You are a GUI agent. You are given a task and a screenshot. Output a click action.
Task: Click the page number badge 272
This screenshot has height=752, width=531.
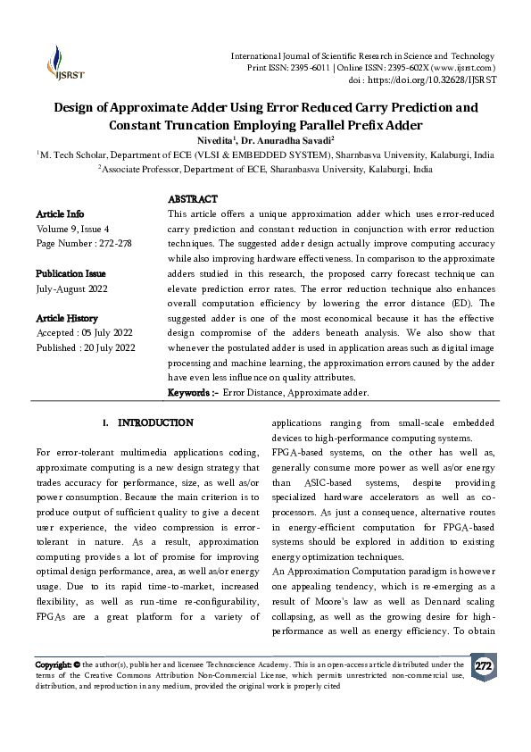(x=483, y=667)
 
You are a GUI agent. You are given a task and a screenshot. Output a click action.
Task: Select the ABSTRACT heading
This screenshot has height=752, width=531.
(x=193, y=199)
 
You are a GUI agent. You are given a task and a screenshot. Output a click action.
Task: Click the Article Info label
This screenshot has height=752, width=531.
(x=60, y=214)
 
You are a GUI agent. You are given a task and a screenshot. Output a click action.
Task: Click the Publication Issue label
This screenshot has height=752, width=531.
(x=71, y=273)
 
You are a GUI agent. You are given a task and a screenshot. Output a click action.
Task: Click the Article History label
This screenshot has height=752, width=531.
(x=67, y=318)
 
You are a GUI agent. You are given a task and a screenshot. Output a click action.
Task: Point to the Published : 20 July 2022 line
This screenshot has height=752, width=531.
(x=86, y=347)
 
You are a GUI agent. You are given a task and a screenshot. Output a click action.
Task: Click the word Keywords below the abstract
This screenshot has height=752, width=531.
(x=191, y=393)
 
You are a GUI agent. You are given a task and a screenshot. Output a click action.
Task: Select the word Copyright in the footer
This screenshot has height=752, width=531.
(x=52, y=664)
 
